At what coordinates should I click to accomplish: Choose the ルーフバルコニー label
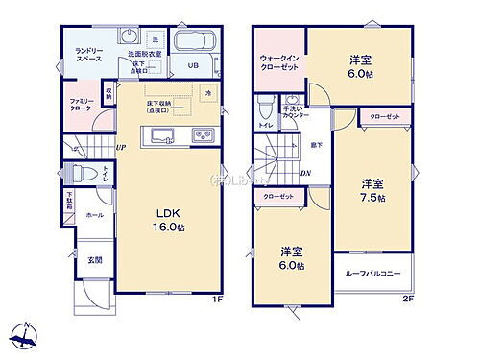tap(372, 273)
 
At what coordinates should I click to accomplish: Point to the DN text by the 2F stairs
tap(304, 173)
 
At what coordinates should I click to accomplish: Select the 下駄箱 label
tap(69, 204)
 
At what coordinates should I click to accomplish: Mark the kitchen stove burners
tap(201, 134)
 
